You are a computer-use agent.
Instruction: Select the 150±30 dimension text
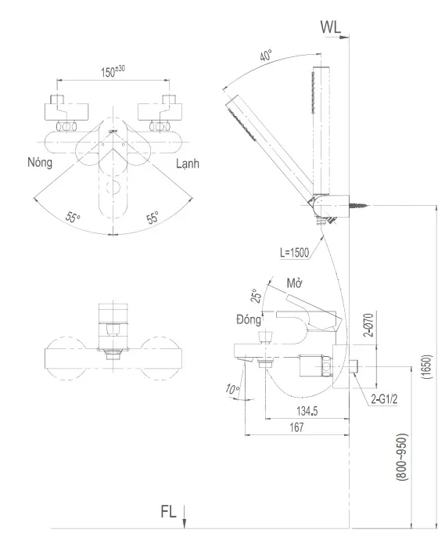click(113, 71)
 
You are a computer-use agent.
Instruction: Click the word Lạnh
click(187, 164)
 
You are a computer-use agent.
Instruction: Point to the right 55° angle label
click(153, 218)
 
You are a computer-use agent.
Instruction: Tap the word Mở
click(294, 283)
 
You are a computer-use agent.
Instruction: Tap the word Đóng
click(249, 319)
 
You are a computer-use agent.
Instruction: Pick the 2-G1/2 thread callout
click(386, 399)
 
